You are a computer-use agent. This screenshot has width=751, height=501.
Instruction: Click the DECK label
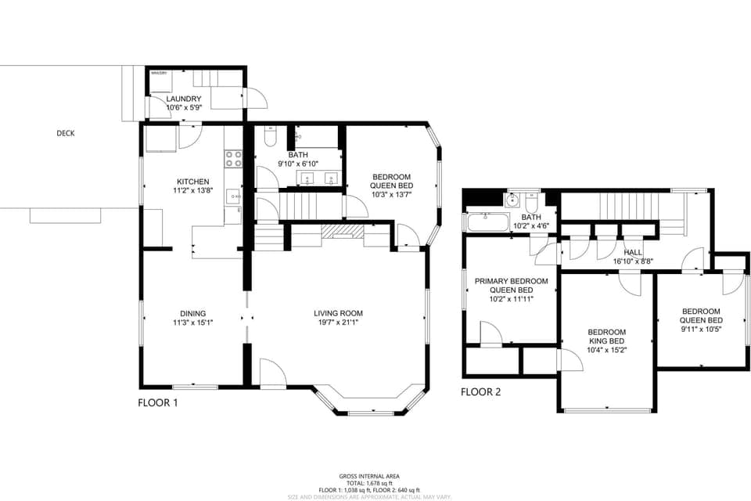(66, 133)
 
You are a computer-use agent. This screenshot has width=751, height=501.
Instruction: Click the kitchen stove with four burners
(233, 159)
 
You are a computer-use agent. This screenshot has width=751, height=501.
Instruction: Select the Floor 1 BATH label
(297, 155)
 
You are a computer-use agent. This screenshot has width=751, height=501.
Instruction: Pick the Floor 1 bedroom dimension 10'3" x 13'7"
(391, 194)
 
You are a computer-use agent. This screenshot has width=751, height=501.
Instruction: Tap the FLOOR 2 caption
(480, 392)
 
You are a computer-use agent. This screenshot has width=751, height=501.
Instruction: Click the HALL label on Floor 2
(633, 252)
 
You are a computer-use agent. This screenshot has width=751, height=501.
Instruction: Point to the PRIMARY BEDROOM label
(512, 281)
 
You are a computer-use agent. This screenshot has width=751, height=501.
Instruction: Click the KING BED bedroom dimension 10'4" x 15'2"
(607, 350)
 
